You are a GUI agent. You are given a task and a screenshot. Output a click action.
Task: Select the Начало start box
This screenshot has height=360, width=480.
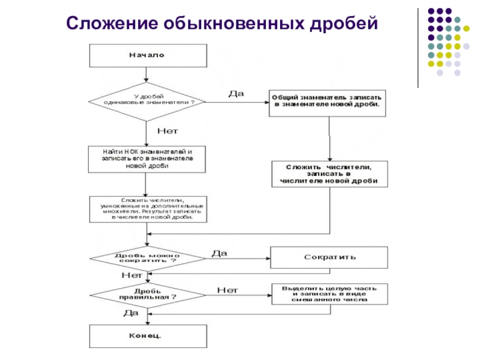pyautogui.click(x=147, y=55)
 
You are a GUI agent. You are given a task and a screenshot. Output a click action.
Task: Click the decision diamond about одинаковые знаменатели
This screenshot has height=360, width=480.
pyautogui.click(x=147, y=100)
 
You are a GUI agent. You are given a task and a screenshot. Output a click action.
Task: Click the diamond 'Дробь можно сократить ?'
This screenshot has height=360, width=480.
pyautogui.click(x=147, y=258)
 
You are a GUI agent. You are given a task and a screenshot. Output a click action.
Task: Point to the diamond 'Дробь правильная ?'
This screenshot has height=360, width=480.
pyautogui.click(x=147, y=294)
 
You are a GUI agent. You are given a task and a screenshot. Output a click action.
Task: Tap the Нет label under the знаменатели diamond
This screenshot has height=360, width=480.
pyautogui.click(x=168, y=130)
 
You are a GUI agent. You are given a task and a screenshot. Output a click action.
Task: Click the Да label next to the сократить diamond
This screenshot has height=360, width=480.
pyautogui.click(x=220, y=253)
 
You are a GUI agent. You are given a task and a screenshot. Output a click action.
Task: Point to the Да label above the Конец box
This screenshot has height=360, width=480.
pyautogui.click(x=131, y=313)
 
